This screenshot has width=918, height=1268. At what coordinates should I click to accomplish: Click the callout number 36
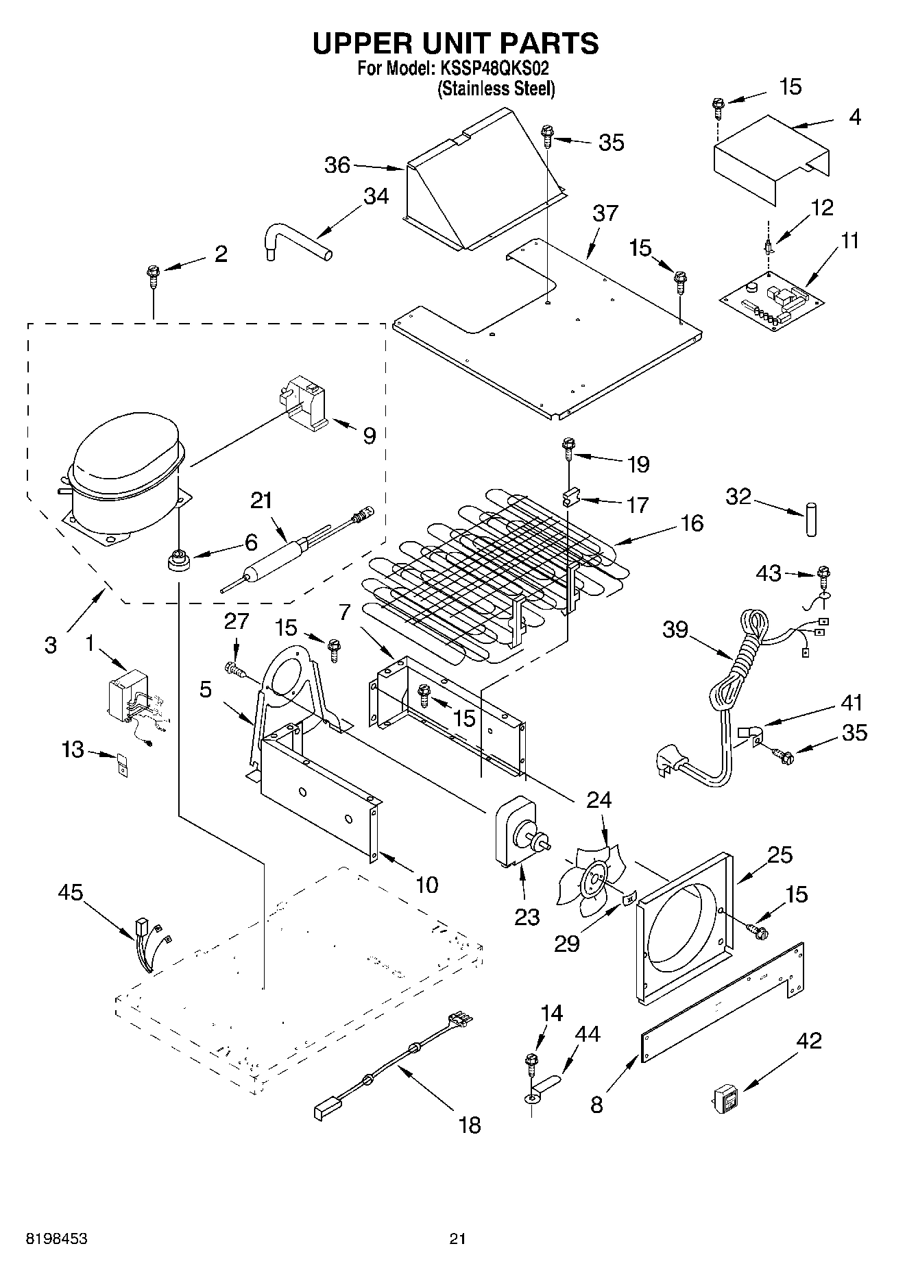(337, 165)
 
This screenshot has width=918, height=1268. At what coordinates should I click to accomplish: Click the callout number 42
(809, 1040)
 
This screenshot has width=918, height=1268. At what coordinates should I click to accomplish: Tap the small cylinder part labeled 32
(811, 520)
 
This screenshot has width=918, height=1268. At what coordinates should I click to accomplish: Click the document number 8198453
(57, 1239)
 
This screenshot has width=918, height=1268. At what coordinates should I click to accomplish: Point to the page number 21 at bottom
(458, 1239)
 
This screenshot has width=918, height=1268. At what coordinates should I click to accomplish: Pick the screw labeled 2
(153, 278)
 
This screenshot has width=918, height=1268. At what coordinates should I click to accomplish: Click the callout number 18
(470, 1125)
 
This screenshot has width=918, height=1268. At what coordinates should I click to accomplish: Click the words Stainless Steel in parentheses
(496, 89)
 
